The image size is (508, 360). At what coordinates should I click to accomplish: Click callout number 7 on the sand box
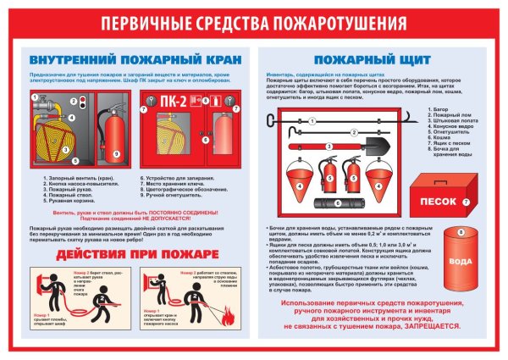point(467,202)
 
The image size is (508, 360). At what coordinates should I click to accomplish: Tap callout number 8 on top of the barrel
point(460,230)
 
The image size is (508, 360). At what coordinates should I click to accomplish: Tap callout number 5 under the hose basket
point(75,159)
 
